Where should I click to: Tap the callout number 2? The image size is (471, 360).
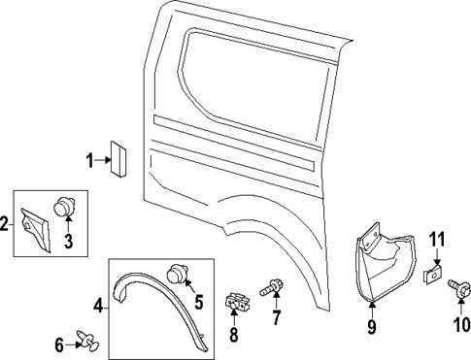(x=5, y=224)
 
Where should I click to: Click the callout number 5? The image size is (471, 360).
(x=199, y=303)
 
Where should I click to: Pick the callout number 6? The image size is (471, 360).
(x=58, y=344)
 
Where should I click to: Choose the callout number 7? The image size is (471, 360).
(x=276, y=318)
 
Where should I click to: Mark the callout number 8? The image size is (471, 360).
(x=233, y=336)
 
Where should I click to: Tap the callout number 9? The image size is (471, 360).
(x=371, y=326)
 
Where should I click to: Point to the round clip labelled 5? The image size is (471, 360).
(x=178, y=275)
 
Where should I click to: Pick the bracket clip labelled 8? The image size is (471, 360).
(x=233, y=303)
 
